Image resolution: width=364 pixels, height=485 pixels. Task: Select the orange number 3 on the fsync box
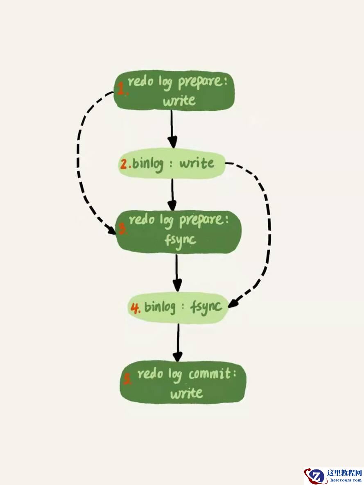[x=122, y=229]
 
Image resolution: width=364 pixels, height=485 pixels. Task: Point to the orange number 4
[x=135, y=308]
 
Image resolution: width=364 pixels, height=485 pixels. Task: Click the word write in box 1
[x=179, y=100]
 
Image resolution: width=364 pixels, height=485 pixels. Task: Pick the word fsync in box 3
[x=180, y=240]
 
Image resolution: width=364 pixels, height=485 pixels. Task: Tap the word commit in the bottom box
[x=210, y=374]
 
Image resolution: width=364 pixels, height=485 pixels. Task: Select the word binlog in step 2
[x=147, y=164]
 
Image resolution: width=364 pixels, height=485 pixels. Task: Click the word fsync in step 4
[x=206, y=307]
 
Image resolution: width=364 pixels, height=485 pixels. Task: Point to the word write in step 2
[x=197, y=163]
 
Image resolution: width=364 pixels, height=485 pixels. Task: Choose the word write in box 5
[x=187, y=393]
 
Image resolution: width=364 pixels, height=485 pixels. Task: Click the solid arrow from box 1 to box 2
[x=172, y=129]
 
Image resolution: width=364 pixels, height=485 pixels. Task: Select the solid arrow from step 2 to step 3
[x=172, y=194]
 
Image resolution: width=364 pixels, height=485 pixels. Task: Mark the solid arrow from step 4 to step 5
[x=178, y=343]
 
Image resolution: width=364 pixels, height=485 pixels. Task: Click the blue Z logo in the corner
[x=315, y=476]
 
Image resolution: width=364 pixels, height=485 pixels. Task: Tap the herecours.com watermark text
[x=346, y=480]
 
